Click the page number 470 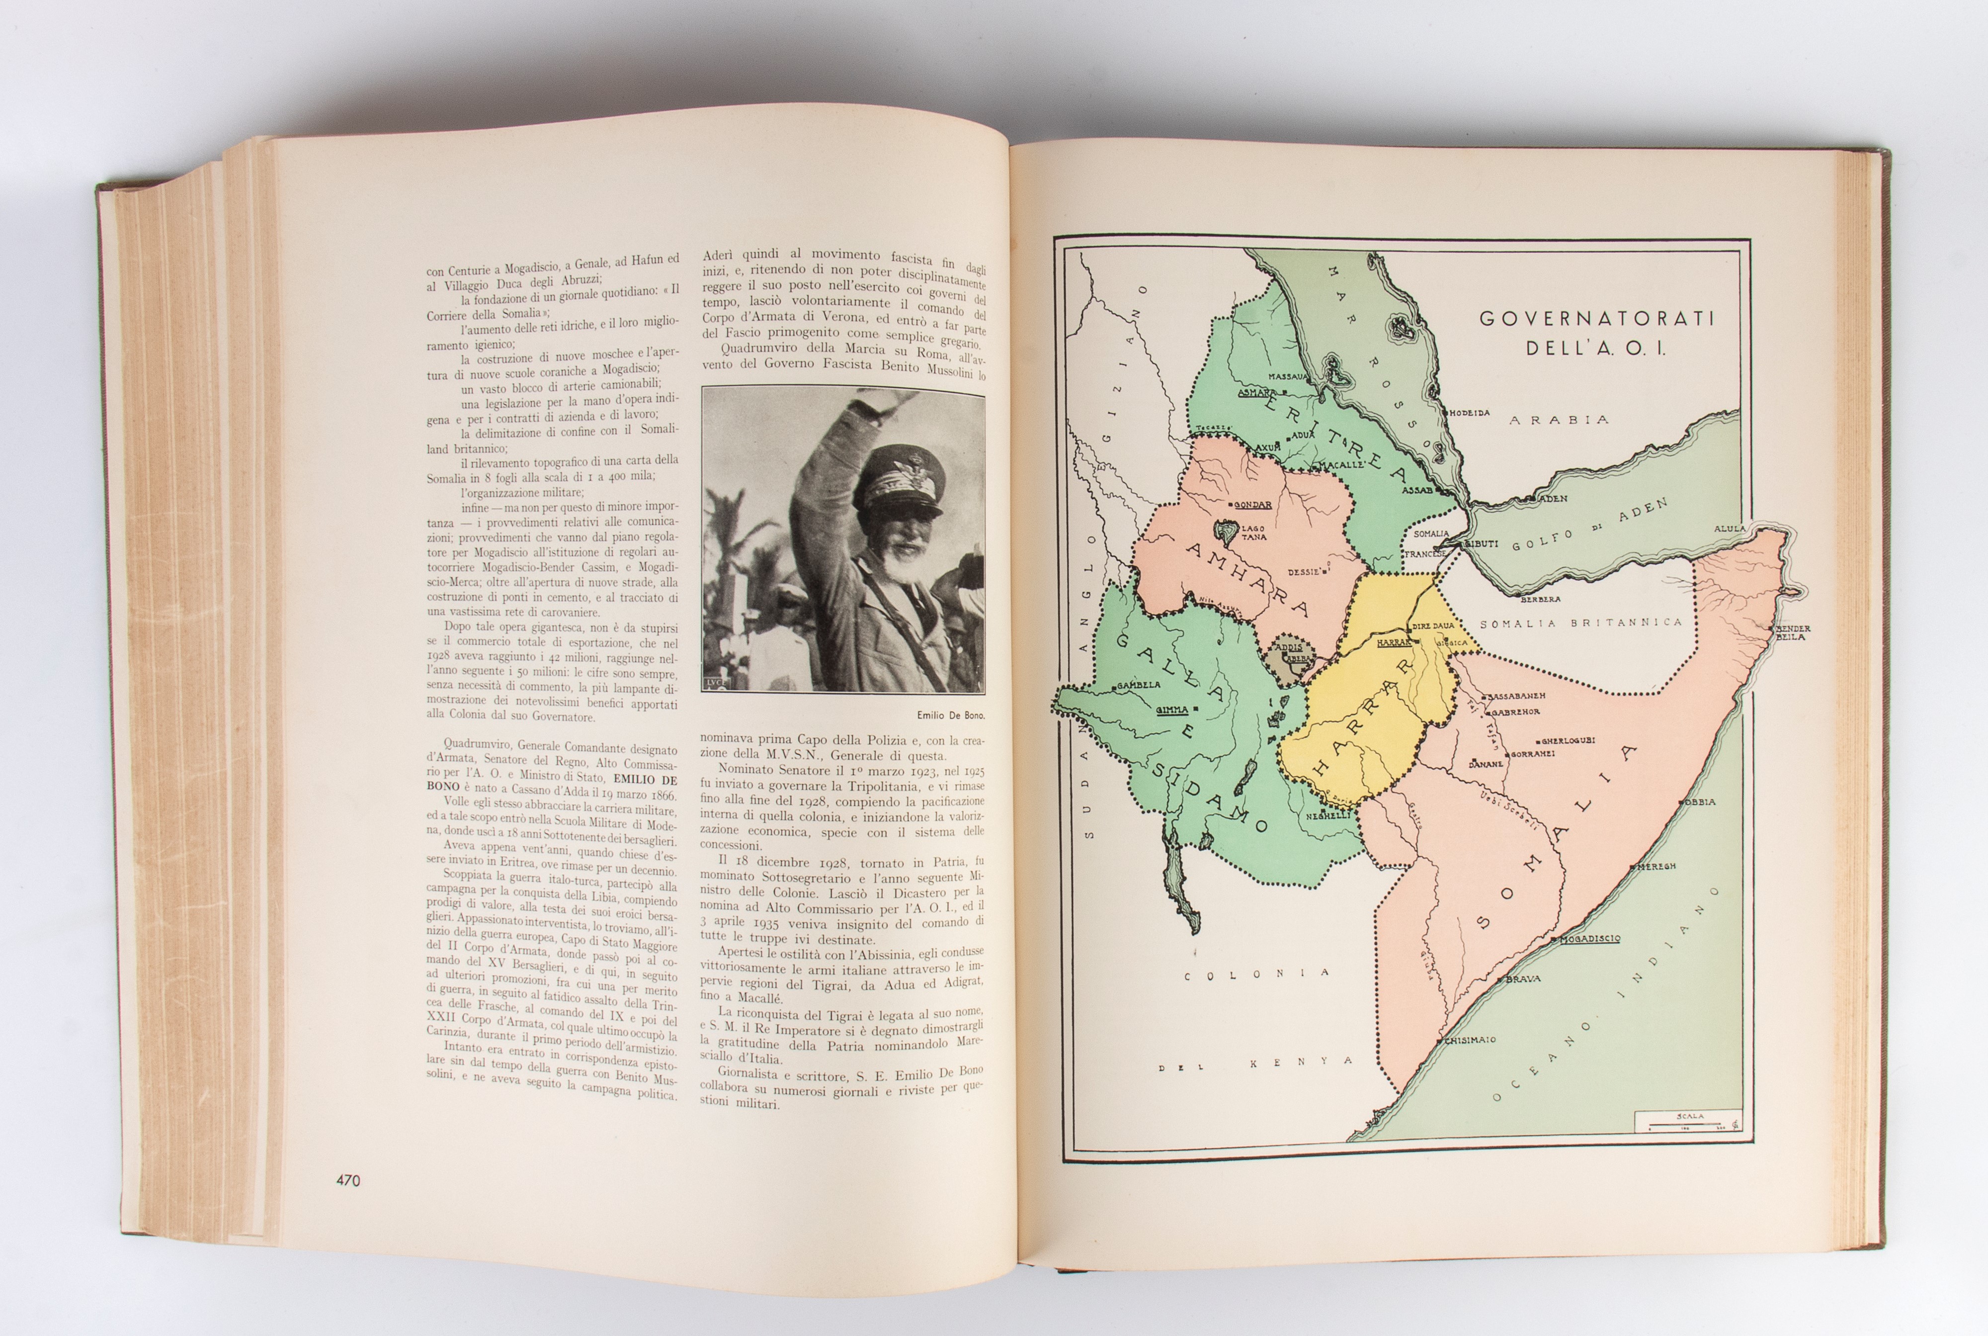coord(347,1180)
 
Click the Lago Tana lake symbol coord(1227,534)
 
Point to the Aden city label coord(1555,498)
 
